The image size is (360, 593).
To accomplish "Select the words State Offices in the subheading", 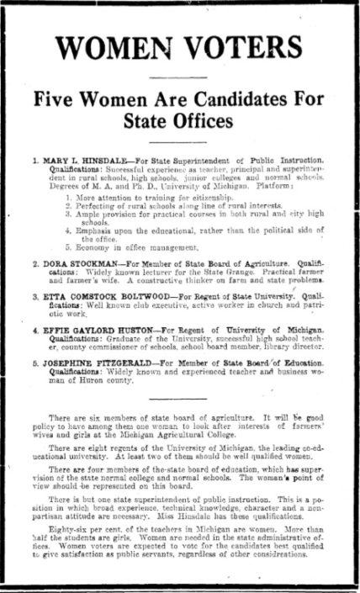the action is pyautogui.click(x=179, y=120).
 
